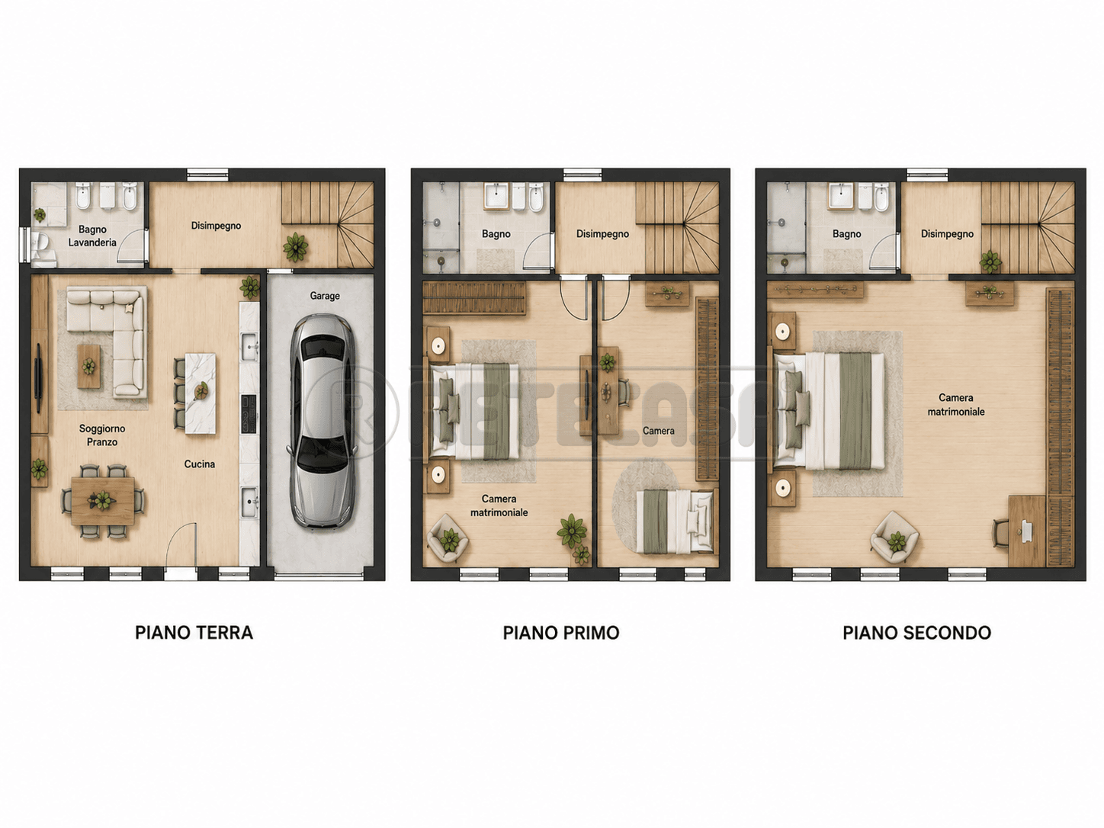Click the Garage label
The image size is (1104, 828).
(x=324, y=296)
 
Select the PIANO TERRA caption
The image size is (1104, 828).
(x=194, y=633)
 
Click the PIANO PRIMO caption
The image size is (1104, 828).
(x=561, y=633)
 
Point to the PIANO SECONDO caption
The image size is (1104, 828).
(x=917, y=633)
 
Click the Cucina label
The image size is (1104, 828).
(x=199, y=464)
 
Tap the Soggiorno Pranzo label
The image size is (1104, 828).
(x=102, y=435)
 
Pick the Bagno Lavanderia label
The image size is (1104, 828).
(x=92, y=236)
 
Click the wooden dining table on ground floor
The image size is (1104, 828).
(x=103, y=501)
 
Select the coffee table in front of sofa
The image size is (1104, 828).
(x=89, y=366)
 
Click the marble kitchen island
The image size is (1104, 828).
(x=201, y=393)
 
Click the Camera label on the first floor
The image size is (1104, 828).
(x=659, y=431)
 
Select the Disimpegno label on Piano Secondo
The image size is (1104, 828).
(x=947, y=234)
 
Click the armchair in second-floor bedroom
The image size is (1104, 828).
(x=894, y=537)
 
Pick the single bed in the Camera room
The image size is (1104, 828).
(x=675, y=521)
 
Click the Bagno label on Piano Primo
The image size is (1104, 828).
(x=496, y=234)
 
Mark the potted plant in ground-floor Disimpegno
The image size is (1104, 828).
(x=295, y=247)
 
